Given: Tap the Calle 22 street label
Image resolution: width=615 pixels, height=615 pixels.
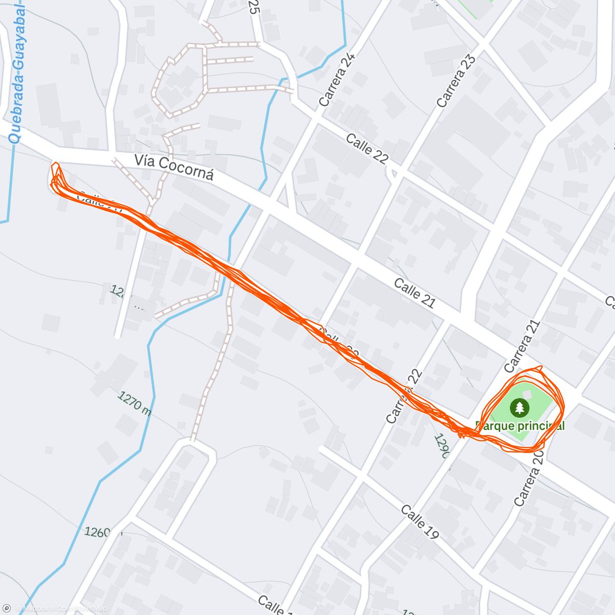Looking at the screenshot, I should click(x=367, y=149).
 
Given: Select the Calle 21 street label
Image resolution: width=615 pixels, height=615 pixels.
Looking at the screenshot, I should click(x=415, y=293).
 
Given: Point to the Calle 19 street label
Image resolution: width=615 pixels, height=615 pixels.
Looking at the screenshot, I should click(x=420, y=522).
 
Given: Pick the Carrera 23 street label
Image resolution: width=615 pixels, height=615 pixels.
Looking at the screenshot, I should click(x=456, y=81).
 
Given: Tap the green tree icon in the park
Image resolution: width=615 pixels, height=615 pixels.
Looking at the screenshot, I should click(x=520, y=408).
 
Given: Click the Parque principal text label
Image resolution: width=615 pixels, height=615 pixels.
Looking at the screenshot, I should click(x=520, y=426).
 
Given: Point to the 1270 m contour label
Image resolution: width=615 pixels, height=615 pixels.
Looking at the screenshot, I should click(x=134, y=404).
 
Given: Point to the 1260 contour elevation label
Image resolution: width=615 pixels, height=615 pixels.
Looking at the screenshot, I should click(x=97, y=532).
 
